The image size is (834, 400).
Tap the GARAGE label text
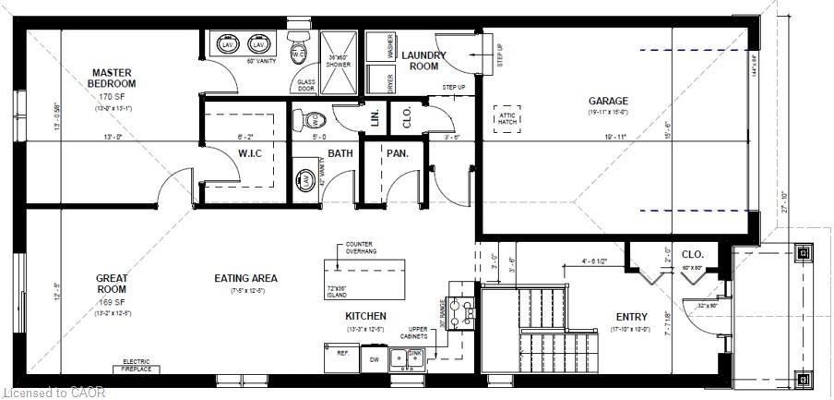(x=608, y=102)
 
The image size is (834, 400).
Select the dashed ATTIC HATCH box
(x=506, y=117)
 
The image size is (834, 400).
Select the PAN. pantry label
(x=398, y=153)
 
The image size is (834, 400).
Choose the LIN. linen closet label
(x=375, y=117)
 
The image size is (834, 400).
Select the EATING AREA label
(x=245, y=278)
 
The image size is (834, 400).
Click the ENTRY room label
(x=632, y=318)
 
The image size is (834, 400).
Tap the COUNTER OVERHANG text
(x=361, y=248)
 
